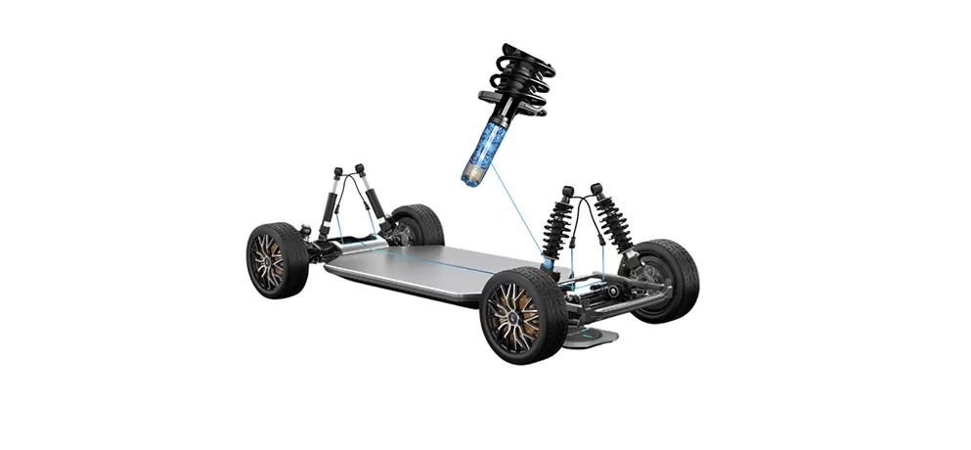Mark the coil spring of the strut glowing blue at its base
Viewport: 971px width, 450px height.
pos(558,225)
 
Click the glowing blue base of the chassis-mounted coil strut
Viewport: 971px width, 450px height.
pos(549,262)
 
